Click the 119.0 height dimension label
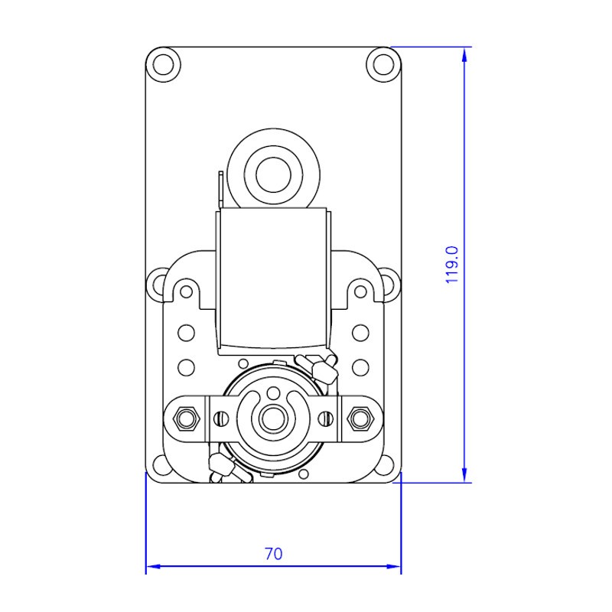point(452,265)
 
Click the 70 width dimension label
point(274,553)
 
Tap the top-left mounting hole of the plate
point(163,64)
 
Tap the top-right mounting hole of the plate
point(384,64)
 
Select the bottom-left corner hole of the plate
point(160,465)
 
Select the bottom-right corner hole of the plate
point(386,465)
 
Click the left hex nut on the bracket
point(186,418)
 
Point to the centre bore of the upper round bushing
point(274,175)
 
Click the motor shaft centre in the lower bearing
point(274,419)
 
